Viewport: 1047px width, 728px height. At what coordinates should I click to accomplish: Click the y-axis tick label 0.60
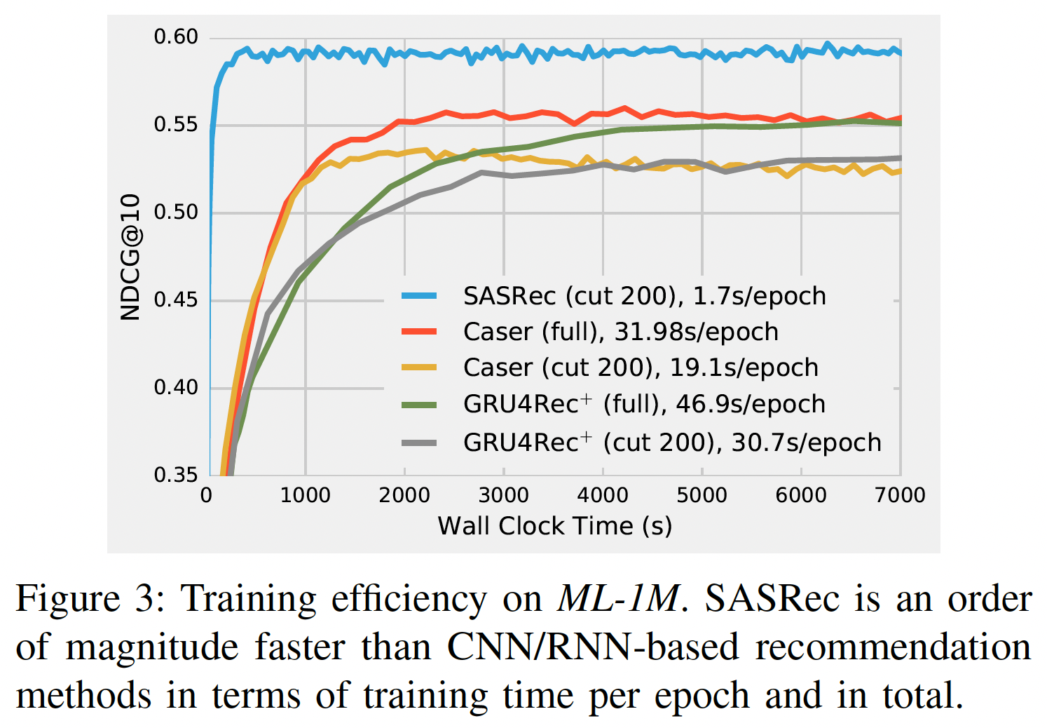[x=176, y=37]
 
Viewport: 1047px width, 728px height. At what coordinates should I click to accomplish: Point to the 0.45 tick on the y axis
[x=176, y=300]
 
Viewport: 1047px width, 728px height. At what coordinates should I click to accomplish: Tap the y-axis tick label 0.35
[x=176, y=475]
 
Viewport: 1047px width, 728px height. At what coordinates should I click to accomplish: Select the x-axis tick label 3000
[x=503, y=496]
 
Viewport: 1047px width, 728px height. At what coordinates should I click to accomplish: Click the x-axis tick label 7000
[x=900, y=496]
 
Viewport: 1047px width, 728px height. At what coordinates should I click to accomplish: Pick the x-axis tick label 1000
[x=305, y=496]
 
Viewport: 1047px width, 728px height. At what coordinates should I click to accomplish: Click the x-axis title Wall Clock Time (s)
[x=554, y=526]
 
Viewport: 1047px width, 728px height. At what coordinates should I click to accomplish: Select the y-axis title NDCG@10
[x=130, y=257]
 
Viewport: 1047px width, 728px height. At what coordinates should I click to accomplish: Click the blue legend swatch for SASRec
[x=419, y=296]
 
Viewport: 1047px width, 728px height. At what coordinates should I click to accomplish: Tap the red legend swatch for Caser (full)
[x=419, y=332]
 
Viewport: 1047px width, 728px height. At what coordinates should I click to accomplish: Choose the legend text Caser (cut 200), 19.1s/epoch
[x=641, y=368]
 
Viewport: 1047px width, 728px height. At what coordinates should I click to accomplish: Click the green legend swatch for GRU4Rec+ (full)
[x=419, y=405]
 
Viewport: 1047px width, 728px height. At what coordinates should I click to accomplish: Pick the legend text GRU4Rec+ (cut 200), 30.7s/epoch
[x=671, y=443]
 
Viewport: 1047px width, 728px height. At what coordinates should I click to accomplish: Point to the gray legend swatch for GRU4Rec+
[x=419, y=443]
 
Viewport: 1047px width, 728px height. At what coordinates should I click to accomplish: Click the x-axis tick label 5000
[x=702, y=496]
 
